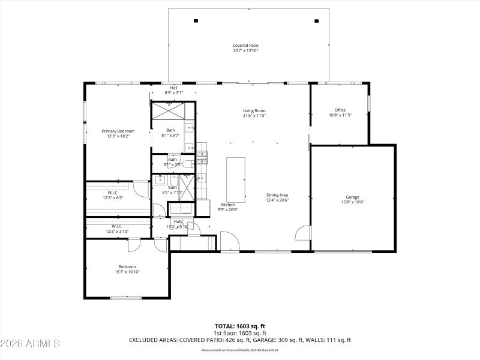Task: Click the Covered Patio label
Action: [x=245, y=46]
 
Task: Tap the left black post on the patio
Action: [x=196, y=20]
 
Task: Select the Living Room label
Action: [x=254, y=110]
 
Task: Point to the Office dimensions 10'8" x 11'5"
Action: [x=340, y=115]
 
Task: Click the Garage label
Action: [x=352, y=197]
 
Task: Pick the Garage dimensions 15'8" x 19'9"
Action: [x=352, y=202]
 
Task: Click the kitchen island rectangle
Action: [x=235, y=180]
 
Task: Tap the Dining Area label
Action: [x=277, y=195]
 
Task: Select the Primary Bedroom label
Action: [x=118, y=131]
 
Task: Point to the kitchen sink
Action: [x=202, y=178]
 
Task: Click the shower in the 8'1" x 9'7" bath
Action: [x=173, y=112]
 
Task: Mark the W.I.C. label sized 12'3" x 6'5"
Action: [x=113, y=193]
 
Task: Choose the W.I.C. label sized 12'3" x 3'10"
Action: [x=117, y=226]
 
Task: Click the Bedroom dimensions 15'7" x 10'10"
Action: [x=127, y=272]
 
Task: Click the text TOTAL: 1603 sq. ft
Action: [x=240, y=326]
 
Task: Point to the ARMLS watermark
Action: [x=30, y=344]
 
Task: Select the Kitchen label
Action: [x=227, y=205]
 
